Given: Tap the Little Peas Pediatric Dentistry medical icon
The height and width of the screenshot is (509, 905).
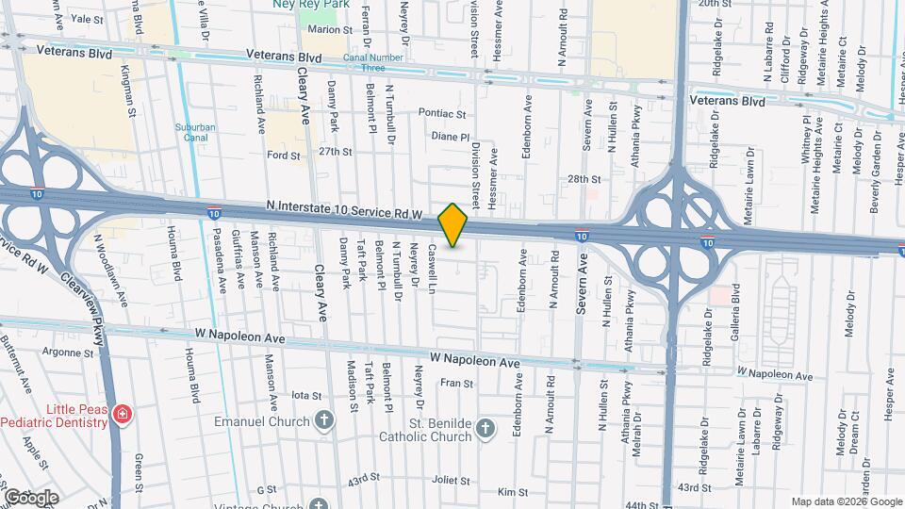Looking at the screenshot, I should [121, 415].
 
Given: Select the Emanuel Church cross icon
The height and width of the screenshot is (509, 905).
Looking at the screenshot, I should [324, 420].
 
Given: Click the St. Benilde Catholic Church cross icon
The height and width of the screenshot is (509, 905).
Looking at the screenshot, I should [485, 429].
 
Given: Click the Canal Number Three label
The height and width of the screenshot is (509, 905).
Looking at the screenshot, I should [364, 62].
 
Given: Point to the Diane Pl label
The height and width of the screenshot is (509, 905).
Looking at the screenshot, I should [449, 136].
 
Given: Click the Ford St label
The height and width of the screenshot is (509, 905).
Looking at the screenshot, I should [283, 155].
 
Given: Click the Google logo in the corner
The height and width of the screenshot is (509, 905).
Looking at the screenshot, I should [30, 497].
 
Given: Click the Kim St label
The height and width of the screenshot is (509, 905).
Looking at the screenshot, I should [513, 492].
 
